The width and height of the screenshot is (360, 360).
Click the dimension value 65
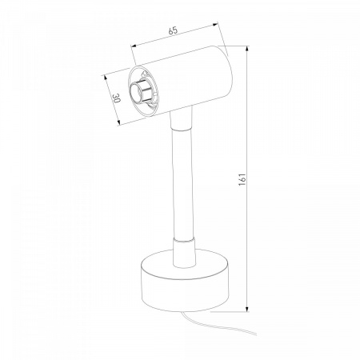[173, 30]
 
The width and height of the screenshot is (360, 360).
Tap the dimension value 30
[116, 98]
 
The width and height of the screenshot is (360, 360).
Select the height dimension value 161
[242, 179]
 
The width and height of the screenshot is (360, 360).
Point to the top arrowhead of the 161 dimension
[247, 49]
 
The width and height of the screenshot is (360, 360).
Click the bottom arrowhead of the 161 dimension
[247, 309]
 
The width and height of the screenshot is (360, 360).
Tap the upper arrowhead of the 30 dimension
[106, 78]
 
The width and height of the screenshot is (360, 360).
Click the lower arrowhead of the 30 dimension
[119, 122]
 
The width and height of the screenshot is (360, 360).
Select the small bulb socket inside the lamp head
[139, 92]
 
